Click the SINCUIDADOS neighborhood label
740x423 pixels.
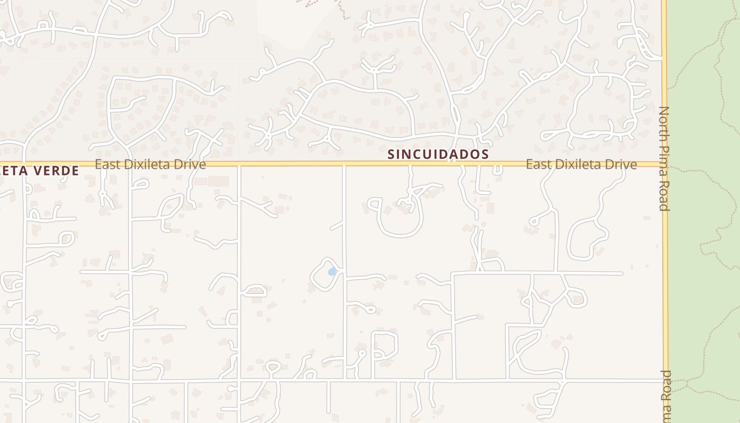438,154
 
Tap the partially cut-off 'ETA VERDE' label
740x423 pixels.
39,171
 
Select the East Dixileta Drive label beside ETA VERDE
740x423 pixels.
150,164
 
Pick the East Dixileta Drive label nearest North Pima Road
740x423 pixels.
581,164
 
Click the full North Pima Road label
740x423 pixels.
664,159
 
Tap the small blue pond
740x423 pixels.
332,272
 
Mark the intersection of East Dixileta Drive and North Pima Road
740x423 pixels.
665,164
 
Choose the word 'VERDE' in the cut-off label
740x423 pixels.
55,171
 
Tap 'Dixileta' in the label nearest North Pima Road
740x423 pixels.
580,164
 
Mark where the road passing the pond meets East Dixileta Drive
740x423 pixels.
345,164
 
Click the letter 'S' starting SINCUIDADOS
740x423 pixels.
391,154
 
